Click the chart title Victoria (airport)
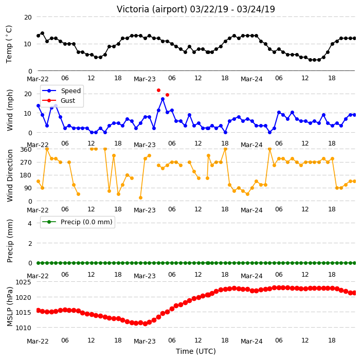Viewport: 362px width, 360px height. tap(152, 10)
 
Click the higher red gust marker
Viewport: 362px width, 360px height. tap(158, 91)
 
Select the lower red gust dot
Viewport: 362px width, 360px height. tap(168, 95)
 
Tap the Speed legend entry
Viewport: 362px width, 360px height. tap(61, 91)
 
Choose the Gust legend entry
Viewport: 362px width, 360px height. tap(59, 101)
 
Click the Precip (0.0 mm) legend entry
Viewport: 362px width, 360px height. tap(77, 222)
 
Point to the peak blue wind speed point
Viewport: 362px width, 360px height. tap(163, 99)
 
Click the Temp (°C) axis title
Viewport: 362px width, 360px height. tap(9, 44)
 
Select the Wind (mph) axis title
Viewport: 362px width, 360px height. tap(10, 110)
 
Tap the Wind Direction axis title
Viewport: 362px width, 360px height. tap(10, 176)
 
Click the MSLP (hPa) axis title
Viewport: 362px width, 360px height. tap(10, 307)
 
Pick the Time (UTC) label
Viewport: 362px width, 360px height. tap(196, 351)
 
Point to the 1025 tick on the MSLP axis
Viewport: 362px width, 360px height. tap(23, 282)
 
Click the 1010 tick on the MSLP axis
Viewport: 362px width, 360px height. tap(23, 328)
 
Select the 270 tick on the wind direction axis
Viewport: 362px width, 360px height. tap(26, 163)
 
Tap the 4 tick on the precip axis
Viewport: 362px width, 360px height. tap(30, 223)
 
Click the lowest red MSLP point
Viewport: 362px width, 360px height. tap(145, 324)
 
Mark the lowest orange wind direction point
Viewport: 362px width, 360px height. tap(140, 197)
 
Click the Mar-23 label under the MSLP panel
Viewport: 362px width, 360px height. tap(145, 341)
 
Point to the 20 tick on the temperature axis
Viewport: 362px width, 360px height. tap(28, 17)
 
